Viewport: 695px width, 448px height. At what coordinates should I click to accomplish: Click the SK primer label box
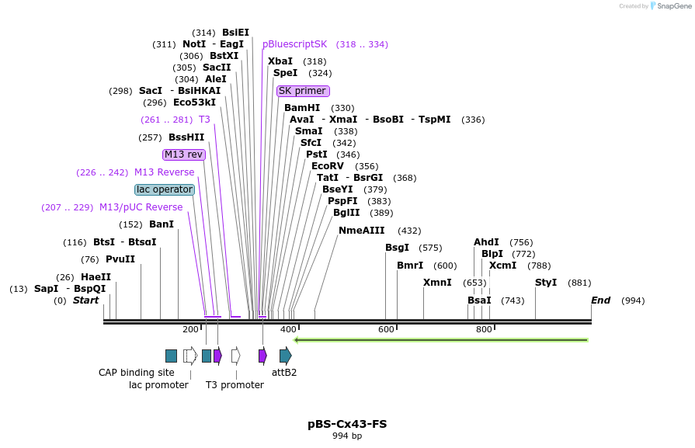(x=303, y=91)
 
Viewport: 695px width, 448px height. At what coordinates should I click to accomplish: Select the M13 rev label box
(x=184, y=155)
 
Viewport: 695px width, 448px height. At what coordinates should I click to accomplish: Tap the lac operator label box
(x=165, y=189)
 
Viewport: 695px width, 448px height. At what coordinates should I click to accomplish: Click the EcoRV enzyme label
(x=327, y=166)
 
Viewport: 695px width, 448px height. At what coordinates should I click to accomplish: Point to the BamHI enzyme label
(x=302, y=108)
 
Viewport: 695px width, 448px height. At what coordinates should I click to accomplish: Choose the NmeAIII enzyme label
(x=362, y=231)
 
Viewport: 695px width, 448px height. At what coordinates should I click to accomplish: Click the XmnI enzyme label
(x=437, y=283)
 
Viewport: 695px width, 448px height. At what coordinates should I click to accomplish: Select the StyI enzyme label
(x=546, y=283)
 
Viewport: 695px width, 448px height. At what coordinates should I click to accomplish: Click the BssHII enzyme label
(x=186, y=137)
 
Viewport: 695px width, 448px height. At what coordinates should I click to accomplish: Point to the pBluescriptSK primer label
(x=295, y=44)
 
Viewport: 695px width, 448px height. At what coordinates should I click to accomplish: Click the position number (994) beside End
(x=633, y=300)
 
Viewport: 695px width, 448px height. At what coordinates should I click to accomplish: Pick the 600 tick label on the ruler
(x=386, y=329)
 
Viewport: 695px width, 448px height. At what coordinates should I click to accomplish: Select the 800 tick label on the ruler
(x=484, y=329)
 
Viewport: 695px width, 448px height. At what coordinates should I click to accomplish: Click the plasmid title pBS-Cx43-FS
(x=347, y=424)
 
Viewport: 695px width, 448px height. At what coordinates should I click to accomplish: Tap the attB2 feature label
(x=284, y=373)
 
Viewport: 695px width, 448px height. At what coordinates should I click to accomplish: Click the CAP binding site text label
(x=137, y=373)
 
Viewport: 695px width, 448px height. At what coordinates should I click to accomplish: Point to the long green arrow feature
(x=441, y=339)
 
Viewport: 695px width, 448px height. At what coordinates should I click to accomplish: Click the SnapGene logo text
(x=672, y=6)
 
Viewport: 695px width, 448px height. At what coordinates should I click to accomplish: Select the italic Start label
(x=85, y=300)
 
